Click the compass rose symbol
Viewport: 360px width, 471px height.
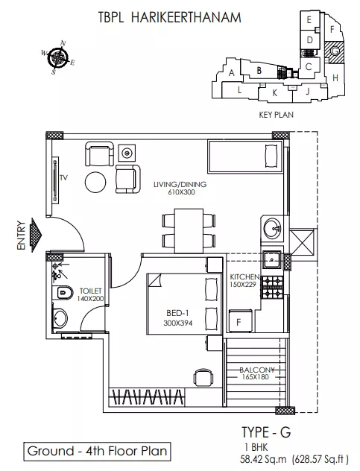click(x=58, y=57)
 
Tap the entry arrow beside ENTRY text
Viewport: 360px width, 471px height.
click(x=37, y=235)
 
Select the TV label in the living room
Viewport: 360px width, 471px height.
click(x=63, y=178)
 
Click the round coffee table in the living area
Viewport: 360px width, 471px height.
click(x=95, y=182)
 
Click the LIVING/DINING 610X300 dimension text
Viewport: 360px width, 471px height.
click(x=180, y=188)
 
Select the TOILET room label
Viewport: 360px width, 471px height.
click(x=90, y=291)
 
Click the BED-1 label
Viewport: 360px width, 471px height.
click(x=177, y=313)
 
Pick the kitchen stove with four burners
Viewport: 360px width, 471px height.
click(x=273, y=287)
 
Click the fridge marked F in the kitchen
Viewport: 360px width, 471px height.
click(x=241, y=320)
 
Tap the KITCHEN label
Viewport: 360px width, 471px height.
click(x=244, y=276)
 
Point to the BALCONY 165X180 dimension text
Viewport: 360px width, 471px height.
click(x=256, y=373)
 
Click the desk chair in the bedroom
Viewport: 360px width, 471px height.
click(x=203, y=377)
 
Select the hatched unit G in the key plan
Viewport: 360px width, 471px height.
click(x=334, y=51)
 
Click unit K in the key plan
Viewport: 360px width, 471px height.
click(x=274, y=93)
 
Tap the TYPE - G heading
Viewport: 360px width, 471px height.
click(x=266, y=432)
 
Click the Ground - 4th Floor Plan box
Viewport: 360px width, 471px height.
click(x=97, y=452)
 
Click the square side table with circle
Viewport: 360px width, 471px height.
click(x=127, y=153)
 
